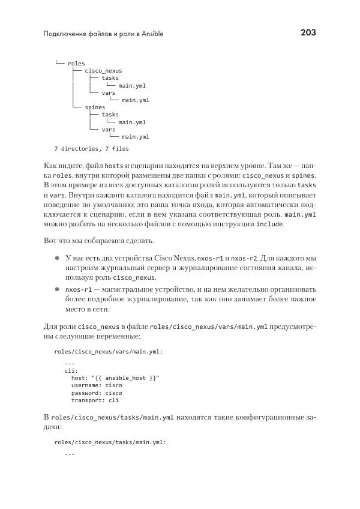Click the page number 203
click(308, 32)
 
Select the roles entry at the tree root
click(76, 63)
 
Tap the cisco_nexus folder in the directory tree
click(103, 71)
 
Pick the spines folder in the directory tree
click(95, 107)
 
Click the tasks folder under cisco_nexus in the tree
click(110, 78)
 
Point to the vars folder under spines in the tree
click(109, 129)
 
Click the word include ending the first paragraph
click(269, 224)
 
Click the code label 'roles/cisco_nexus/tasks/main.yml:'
click(109, 442)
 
